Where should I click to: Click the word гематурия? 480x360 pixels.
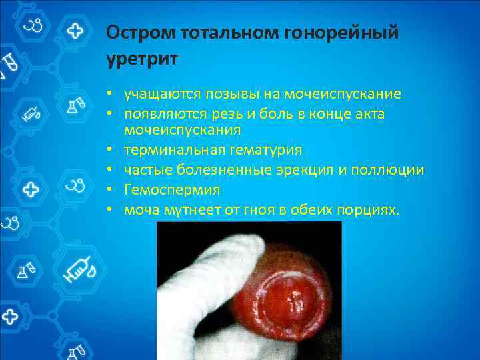(262, 149)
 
